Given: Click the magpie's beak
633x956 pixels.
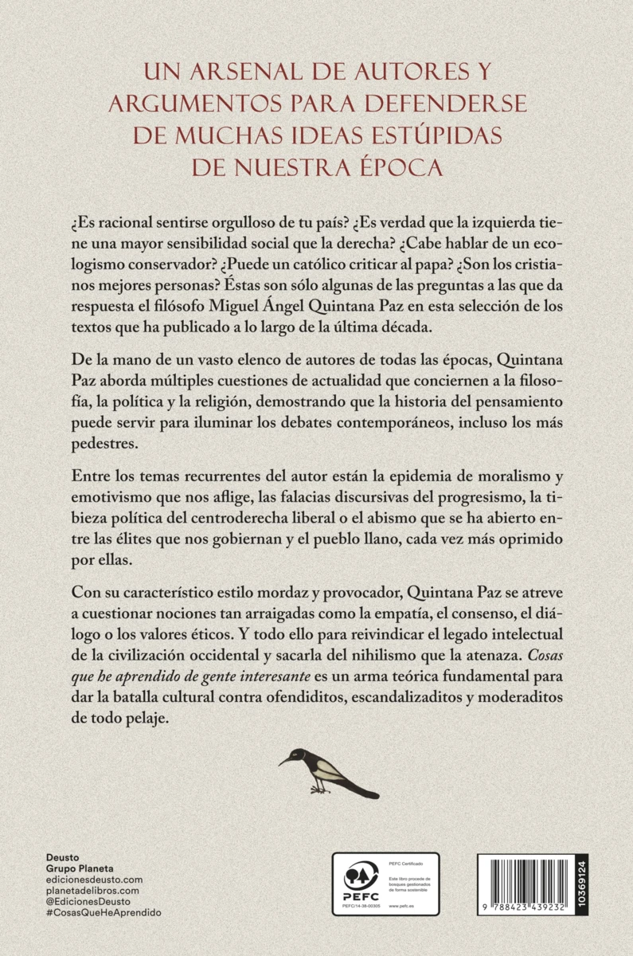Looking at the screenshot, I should coord(284,761).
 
